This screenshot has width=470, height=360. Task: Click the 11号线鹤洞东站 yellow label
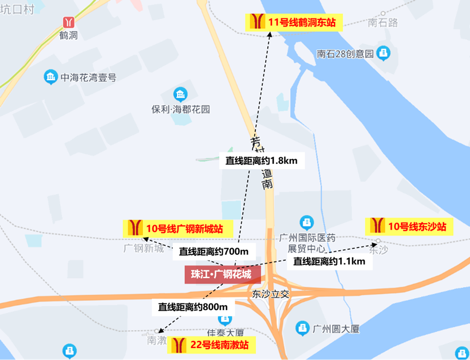coord(293,22)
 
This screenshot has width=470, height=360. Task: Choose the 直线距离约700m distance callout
coord(214,252)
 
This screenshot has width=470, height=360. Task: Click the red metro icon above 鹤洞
coord(69,22)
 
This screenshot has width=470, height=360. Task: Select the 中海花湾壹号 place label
coord(89,78)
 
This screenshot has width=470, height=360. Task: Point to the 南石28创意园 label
coord(346,54)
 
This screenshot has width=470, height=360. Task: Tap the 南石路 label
coord(383,23)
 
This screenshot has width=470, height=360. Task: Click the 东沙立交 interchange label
coord(272,294)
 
